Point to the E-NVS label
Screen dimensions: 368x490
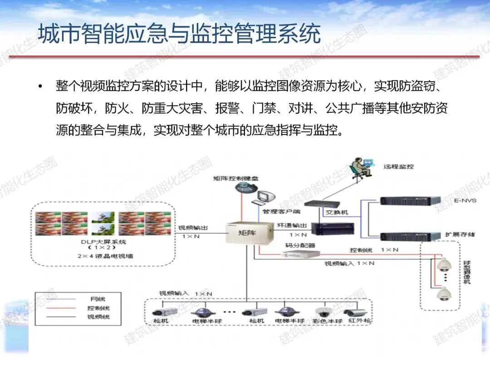(465, 200)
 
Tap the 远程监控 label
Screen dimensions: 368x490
(398, 166)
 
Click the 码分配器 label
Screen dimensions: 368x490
(301, 245)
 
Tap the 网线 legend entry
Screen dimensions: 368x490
(97, 298)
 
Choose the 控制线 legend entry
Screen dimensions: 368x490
(97, 308)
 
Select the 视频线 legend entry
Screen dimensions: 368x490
(97, 317)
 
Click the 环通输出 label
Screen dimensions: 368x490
(292, 226)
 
